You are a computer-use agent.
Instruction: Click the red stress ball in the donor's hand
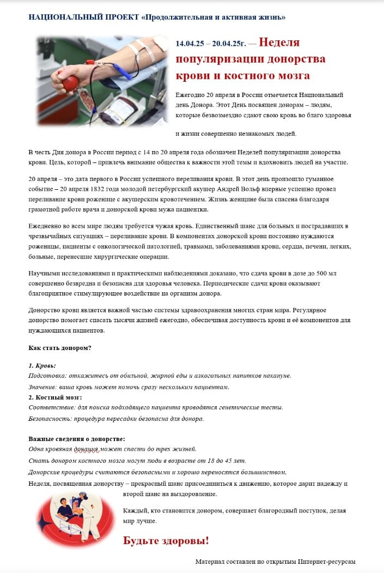click(71, 83)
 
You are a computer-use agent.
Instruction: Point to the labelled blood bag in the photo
click(119, 108)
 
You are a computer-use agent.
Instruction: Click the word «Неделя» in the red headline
click(279, 43)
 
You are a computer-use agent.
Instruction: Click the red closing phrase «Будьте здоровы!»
click(166, 541)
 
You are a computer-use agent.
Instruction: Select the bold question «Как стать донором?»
click(60, 348)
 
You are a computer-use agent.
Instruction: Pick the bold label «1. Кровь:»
click(42, 365)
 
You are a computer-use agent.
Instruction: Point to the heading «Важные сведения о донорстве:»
click(77, 438)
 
